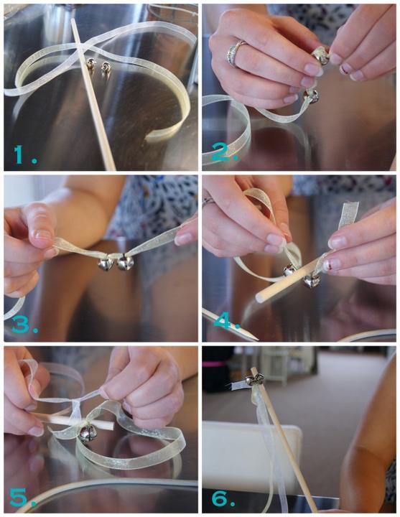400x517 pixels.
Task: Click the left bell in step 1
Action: pyautogui.click(x=90, y=64)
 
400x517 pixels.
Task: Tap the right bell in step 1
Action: pyautogui.click(x=106, y=67)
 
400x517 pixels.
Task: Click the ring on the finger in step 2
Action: pyautogui.click(x=235, y=52)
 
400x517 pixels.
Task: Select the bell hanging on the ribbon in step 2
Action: pyautogui.click(x=311, y=96)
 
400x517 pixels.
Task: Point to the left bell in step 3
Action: pyautogui.click(x=106, y=264)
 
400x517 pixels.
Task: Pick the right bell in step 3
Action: pyautogui.click(x=125, y=262)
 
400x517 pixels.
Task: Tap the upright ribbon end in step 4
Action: pyautogui.click(x=349, y=214)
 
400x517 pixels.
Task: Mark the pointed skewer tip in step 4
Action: pyautogui.click(x=255, y=339)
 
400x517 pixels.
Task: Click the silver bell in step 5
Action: pyautogui.click(x=88, y=433)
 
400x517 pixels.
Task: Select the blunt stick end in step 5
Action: pyautogui.click(x=111, y=426)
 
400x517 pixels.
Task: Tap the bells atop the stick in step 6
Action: pyautogui.click(x=256, y=379)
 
